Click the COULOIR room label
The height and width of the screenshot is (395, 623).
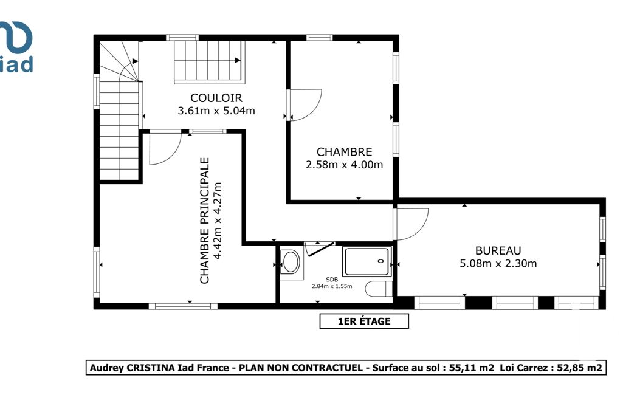pos(216,98)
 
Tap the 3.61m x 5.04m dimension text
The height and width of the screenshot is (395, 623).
pos(216,111)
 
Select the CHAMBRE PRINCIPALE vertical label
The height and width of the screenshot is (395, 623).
pos(204,221)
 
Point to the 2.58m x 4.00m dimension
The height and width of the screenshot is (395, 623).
pos(344,165)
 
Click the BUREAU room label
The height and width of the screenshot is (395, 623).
pos(498,251)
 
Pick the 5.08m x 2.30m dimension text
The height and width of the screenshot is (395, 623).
pos(498,264)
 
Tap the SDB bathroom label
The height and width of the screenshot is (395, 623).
pos(332,280)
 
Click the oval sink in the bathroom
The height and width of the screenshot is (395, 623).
pos(291,261)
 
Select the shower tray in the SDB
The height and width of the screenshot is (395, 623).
pos(368,261)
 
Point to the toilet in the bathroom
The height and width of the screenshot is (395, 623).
pos(379,289)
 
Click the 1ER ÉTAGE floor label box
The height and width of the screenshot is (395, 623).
pos(364,321)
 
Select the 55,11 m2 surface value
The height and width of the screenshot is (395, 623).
pos(472,368)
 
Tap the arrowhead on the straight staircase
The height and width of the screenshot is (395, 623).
pos(238,60)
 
